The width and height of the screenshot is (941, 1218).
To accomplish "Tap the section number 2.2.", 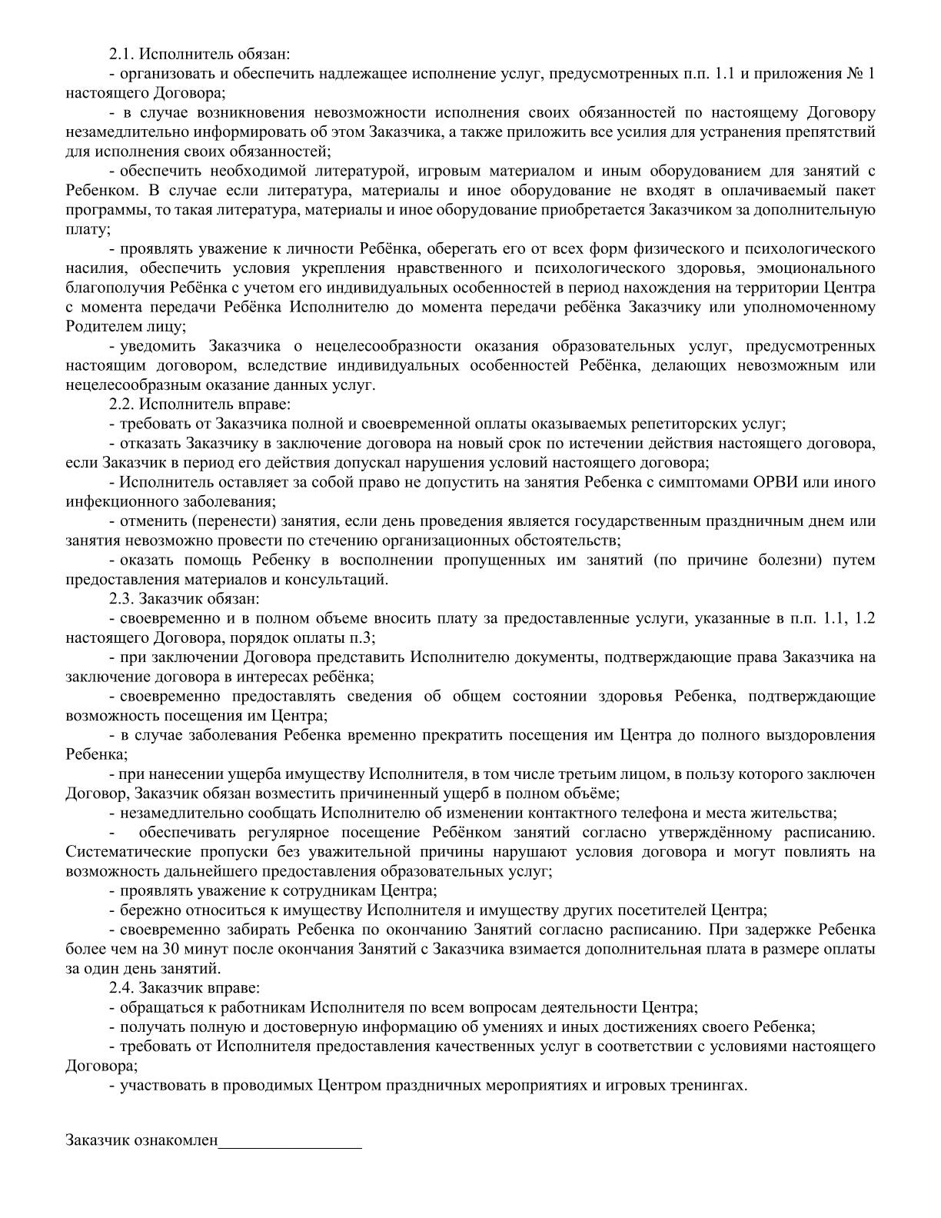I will click(x=121, y=404).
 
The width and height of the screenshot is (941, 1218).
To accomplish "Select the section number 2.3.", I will click(x=121, y=598).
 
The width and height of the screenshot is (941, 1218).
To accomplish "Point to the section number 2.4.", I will click(x=121, y=987).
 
